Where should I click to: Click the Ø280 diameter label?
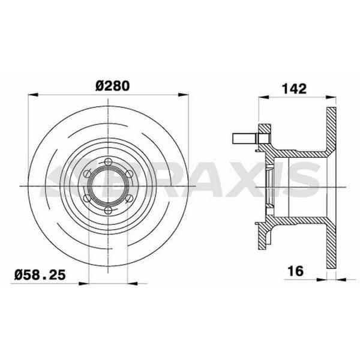point(113,86)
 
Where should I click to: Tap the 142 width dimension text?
point(294,89)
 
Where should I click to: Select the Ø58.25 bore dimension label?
point(40,275)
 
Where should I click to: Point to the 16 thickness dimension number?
point(295,271)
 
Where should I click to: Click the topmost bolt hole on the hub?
point(108,161)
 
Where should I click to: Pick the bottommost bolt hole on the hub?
point(108,210)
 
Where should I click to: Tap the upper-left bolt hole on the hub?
point(87,173)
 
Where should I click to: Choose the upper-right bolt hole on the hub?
point(129,174)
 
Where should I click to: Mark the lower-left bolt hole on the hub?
point(87,198)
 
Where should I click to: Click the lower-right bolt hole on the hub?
point(129,198)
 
